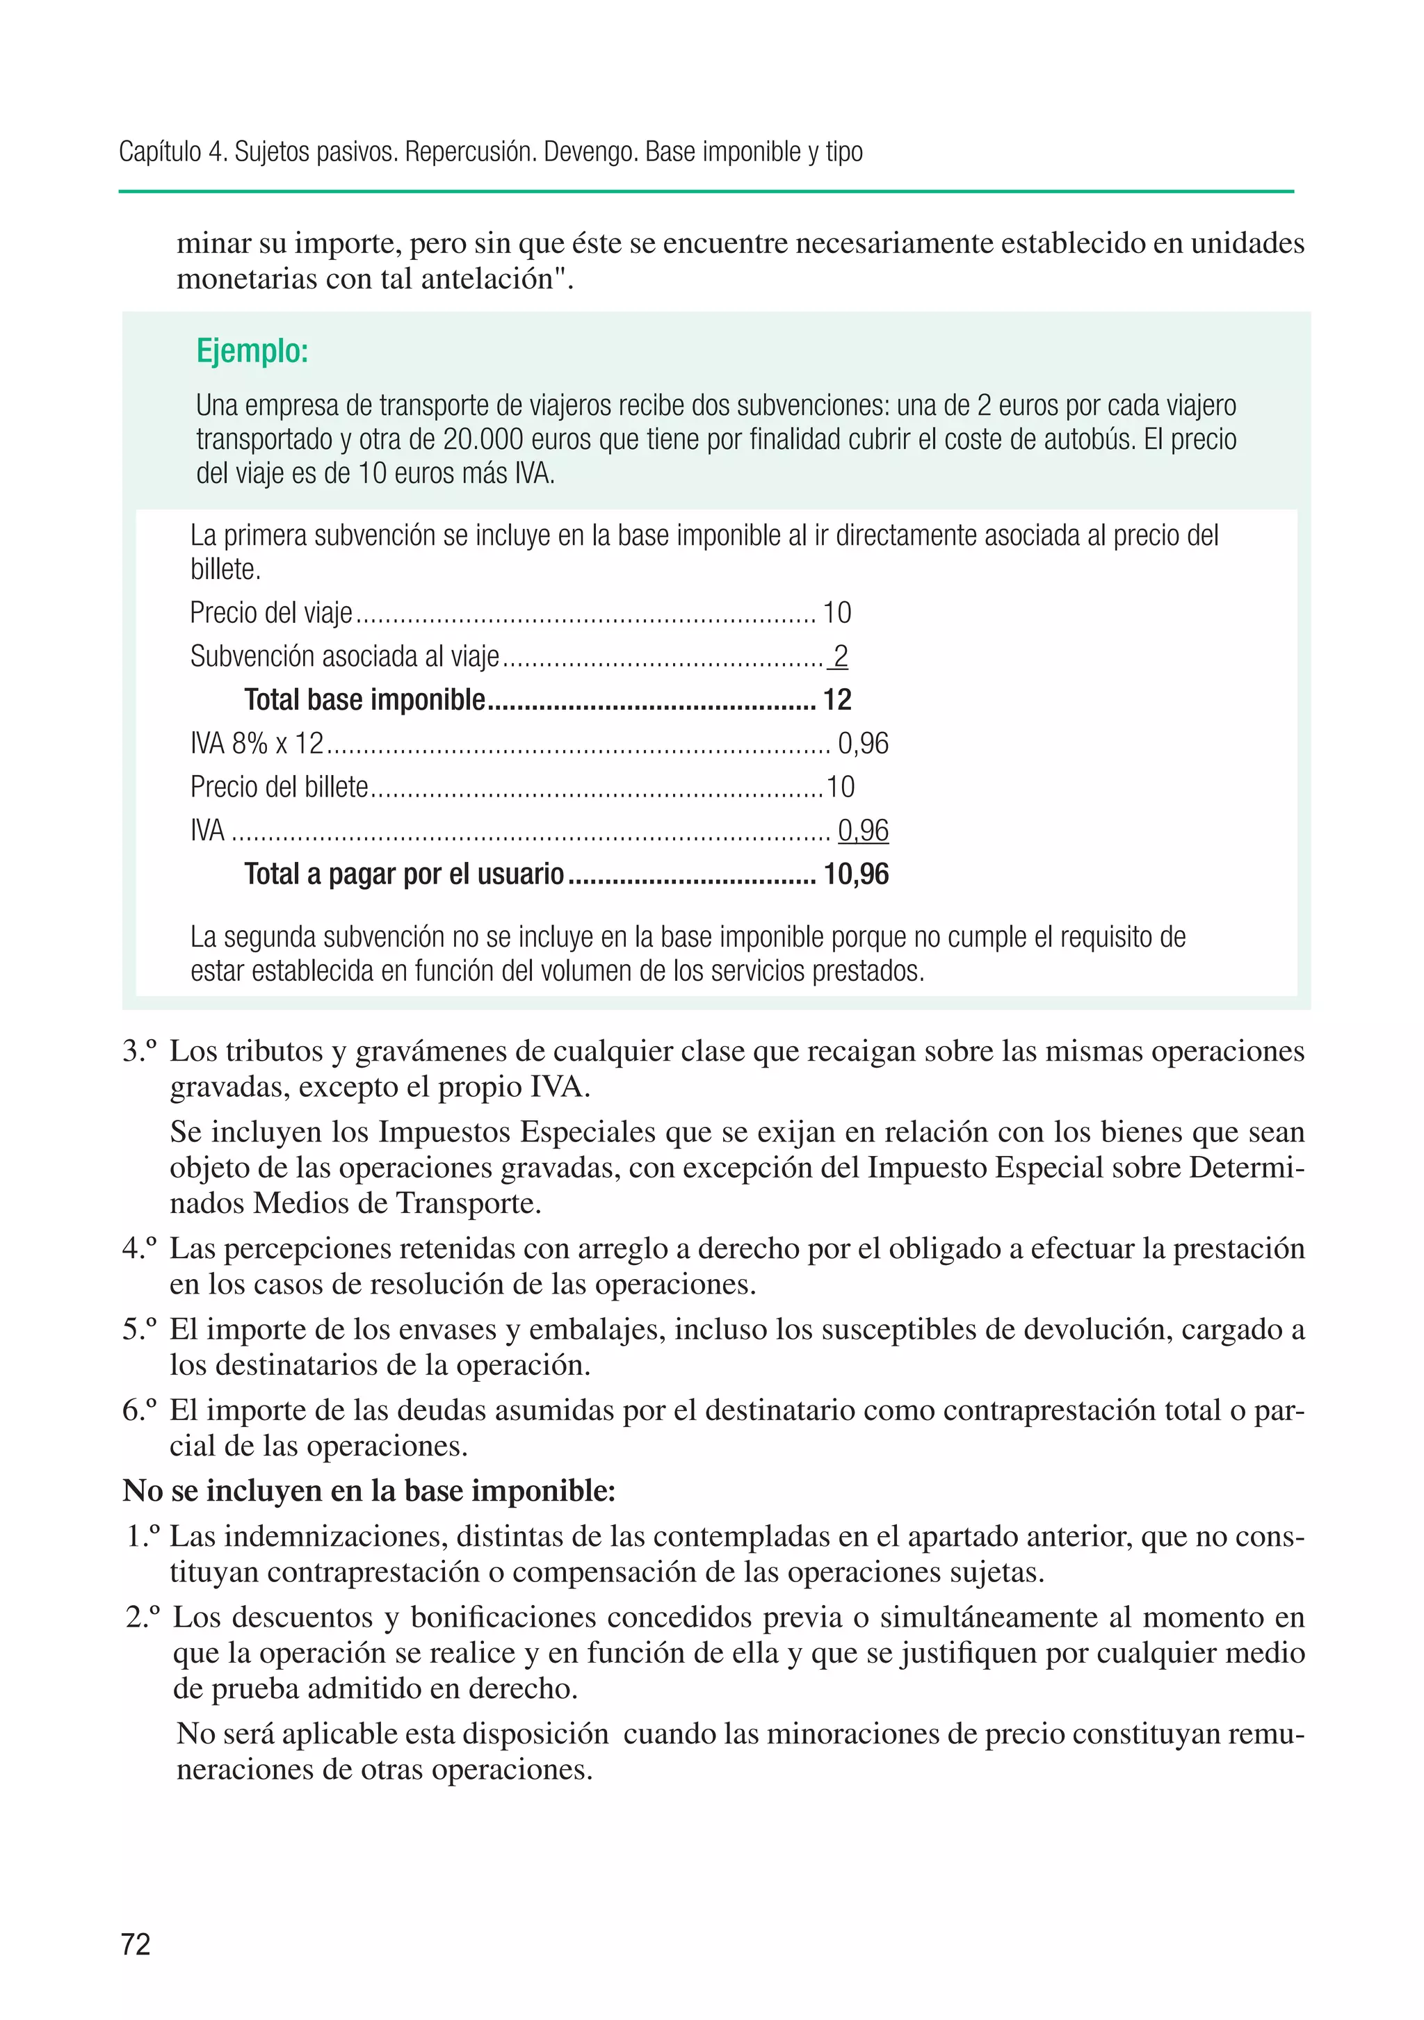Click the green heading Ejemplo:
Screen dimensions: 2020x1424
(252, 351)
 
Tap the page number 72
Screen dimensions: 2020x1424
(136, 1944)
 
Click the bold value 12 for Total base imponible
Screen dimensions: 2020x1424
(837, 699)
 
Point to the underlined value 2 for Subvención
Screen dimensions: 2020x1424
(840, 655)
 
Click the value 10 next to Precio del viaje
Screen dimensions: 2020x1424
(836, 612)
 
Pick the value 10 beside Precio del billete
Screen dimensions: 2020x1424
(840, 787)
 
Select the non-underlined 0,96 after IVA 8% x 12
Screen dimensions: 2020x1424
(862, 743)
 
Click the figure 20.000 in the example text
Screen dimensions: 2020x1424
(483, 439)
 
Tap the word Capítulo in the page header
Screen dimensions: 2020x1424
(160, 152)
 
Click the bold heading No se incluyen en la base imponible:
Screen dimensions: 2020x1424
(369, 1490)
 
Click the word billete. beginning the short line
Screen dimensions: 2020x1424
(225, 569)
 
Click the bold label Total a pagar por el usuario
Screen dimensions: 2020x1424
(403, 874)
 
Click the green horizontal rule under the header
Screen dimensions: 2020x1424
(705, 191)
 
